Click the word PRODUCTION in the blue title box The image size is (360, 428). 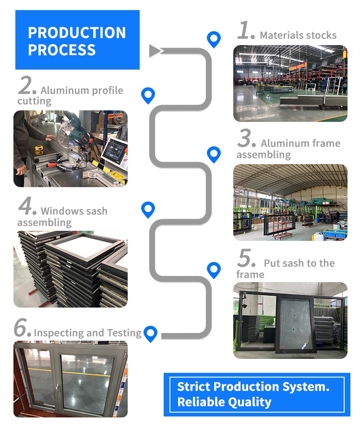click(77, 33)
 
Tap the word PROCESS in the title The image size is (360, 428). click(62, 50)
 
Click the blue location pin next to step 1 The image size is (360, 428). click(213, 39)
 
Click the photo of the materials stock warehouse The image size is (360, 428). click(290, 83)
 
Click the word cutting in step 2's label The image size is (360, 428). click(34, 101)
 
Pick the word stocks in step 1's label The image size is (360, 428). click(321, 36)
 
